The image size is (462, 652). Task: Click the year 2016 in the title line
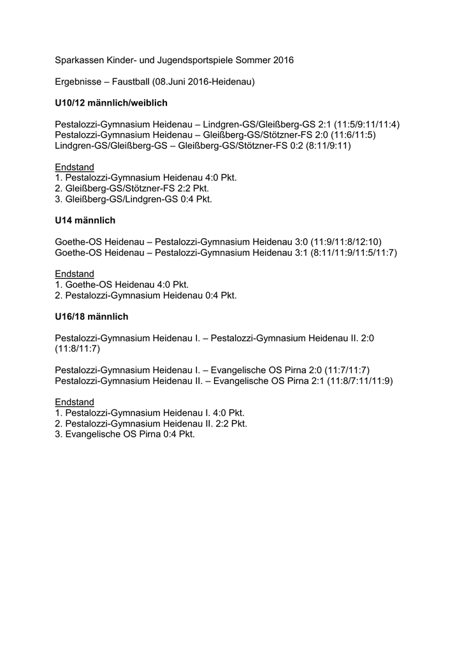pyautogui.click(x=283, y=60)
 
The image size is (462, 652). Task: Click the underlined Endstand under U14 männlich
pyautogui.click(x=75, y=274)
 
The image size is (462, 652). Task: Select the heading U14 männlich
pyautogui.click(x=85, y=220)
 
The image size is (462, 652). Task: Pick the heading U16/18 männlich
pyautogui.click(x=92, y=316)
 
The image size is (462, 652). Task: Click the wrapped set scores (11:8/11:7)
pyautogui.click(x=78, y=349)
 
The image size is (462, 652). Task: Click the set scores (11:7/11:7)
pyautogui.click(x=347, y=370)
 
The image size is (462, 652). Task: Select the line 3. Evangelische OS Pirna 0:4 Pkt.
pyautogui.click(x=125, y=434)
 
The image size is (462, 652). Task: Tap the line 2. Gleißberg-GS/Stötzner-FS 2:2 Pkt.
pyautogui.click(x=132, y=188)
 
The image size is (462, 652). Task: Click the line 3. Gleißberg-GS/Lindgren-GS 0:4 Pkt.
pyautogui.click(x=134, y=199)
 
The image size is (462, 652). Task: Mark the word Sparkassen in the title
pyautogui.click(x=79, y=60)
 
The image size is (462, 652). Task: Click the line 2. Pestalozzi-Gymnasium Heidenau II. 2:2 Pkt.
pyautogui.click(x=151, y=423)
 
